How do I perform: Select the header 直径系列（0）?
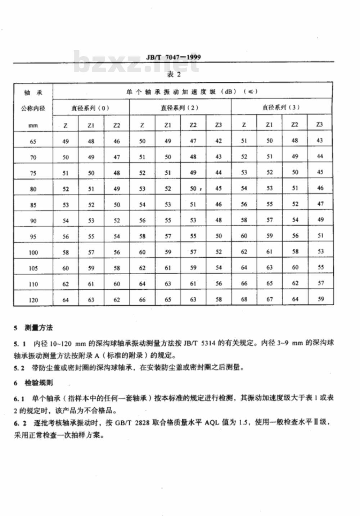coord(90,108)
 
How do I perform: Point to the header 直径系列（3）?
coord(281,107)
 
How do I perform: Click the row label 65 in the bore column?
coord(33,141)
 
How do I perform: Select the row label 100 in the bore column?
coord(33,253)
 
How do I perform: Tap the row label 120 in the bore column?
coord(33,300)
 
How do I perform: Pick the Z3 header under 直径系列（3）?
coord(320,125)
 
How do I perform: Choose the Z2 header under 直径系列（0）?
coord(117,125)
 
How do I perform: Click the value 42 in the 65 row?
coord(219,141)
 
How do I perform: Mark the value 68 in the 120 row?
coord(244,299)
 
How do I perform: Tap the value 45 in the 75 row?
coord(320,172)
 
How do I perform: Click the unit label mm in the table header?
coord(33,126)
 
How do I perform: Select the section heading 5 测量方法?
coord(33,328)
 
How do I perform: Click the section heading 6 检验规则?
coord(33,383)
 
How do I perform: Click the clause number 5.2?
coord(19,368)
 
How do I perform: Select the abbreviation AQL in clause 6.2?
coord(212,422)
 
